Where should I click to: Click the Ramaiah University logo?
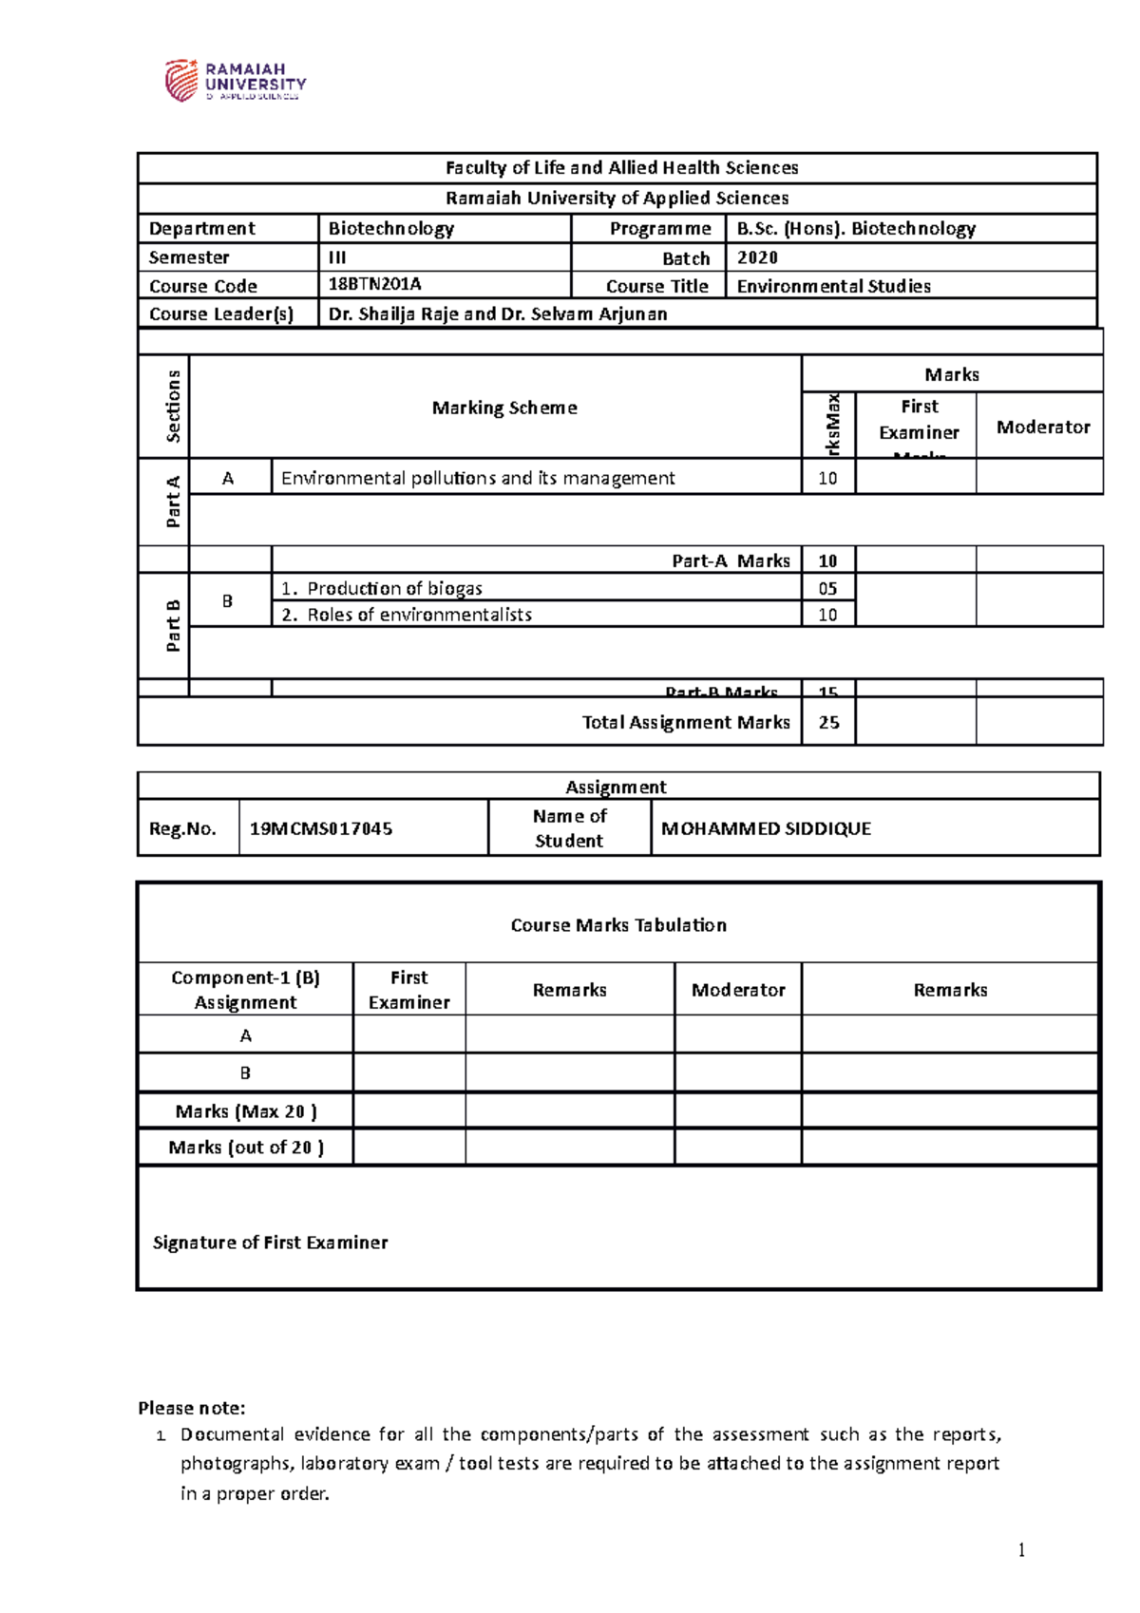pyautogui.click(x=235, y=81)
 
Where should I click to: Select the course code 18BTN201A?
pyautogui.click(x=374, y=285)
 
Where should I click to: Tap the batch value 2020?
pyautogui.click(x=757, y=257)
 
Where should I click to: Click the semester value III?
pyautogui.click(x=337, y=257)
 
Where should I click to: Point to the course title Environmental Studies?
pyautogui.click(x=833, y=286)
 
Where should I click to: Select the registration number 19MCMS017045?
pyautogui.click(x=321, y=828)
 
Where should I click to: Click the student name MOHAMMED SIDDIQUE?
pyautogui.click(x=766, y=828)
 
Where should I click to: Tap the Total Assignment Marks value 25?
pyautogui.click(x=828, y=722)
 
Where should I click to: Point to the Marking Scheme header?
pyautogui.click(x=504, y=408)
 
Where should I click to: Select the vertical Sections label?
pyautogui.click(x=173, y=407)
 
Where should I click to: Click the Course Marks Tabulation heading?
pyautogui.click(x=618, y=925)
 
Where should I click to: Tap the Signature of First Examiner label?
pyautogui.click(x=270, y=1243)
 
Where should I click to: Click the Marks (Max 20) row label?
pyautogui.click(x=246, y=1111)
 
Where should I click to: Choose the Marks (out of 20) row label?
pyautogui.click(x=246, y=1148)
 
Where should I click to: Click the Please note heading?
pyautogui.click(x=192, y=1408)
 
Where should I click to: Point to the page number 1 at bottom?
pyautogui.click(x=1021, y=1550)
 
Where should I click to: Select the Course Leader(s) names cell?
pyautogui.click(x=497, y=313)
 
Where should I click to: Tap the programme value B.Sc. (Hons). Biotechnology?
pyautogui.click(x=856, y=228)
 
